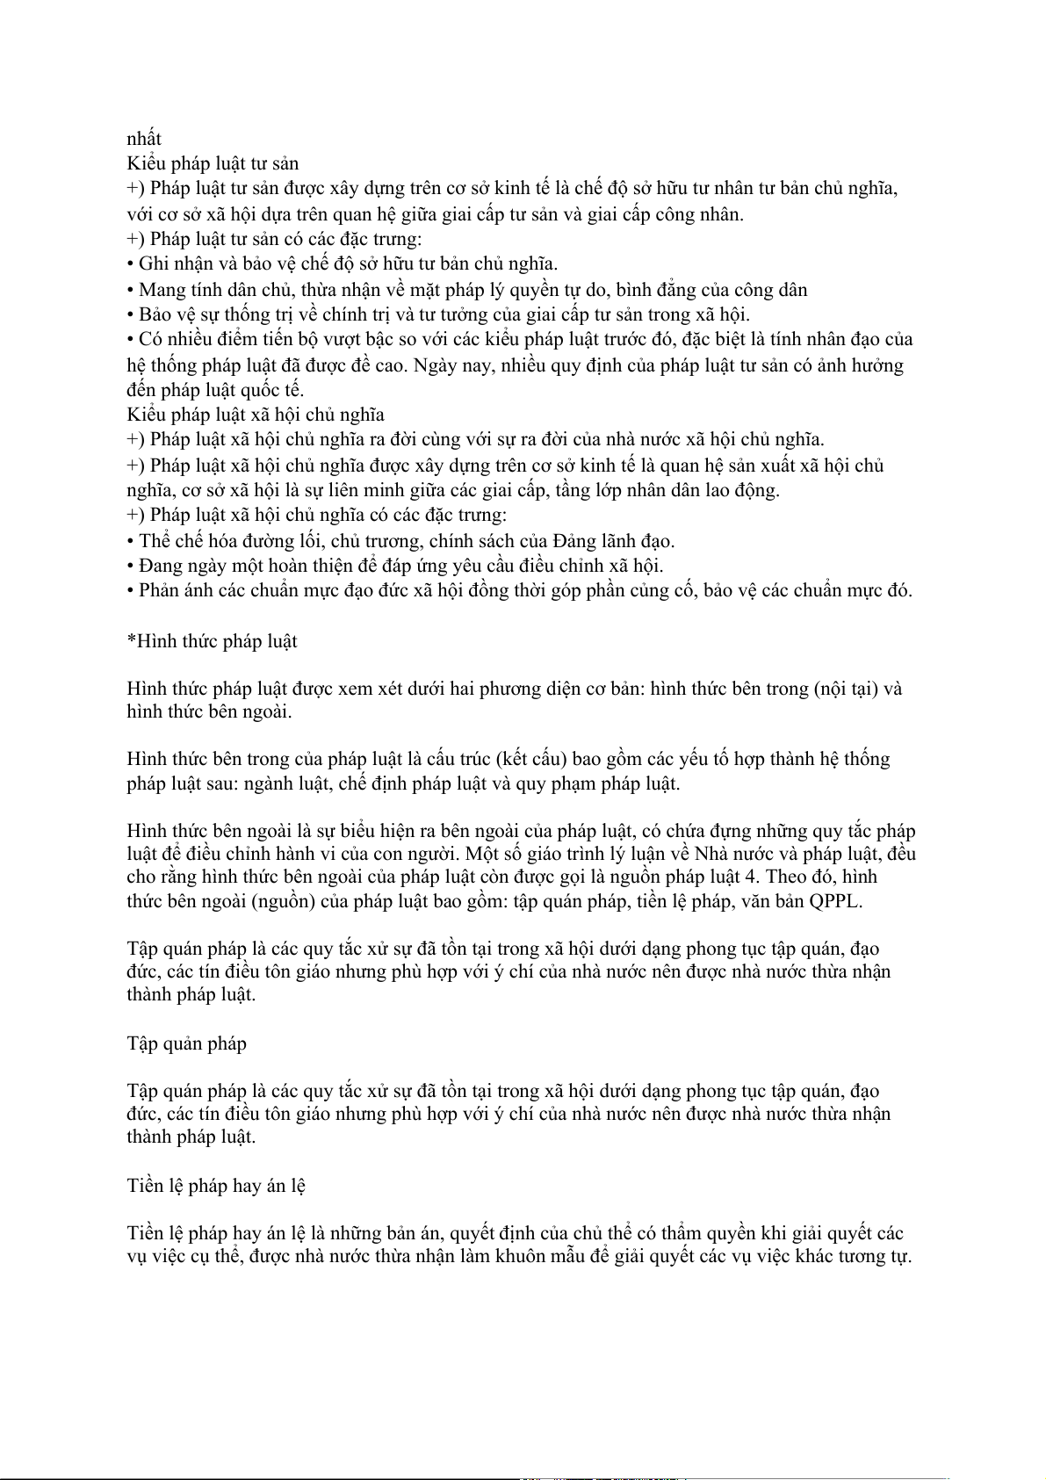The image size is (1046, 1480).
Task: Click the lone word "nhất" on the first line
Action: tap(144, 139)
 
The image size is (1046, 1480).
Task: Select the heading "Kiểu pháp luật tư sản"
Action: tap(213, 163)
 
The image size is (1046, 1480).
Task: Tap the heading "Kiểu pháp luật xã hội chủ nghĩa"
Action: tap(255, 415)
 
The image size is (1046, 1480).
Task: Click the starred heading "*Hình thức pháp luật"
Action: tap(212, 641)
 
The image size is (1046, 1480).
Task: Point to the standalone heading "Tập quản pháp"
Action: tap(186, 1043)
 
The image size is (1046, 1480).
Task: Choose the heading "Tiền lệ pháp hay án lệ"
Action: tap(216, 1186)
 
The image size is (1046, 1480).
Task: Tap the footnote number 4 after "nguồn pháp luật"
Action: tap(751, 877)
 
